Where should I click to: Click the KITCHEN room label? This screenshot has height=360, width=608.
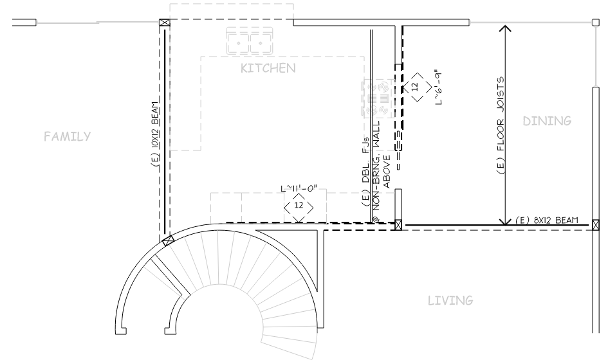tap(268, 68)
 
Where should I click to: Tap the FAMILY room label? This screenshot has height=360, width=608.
tap(67, 136)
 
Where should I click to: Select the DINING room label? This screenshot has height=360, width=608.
tap(547, 121)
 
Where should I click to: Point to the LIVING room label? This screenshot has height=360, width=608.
tap(450, 300)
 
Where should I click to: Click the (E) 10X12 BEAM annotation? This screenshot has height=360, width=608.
tap(155, 134)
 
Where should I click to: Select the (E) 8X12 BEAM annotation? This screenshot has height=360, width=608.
tap(547, 220)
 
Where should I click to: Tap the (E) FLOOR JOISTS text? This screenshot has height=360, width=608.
tap(501, 125)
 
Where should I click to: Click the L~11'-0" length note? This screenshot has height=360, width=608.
tap(299, 189)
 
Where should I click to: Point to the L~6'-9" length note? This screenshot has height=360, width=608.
tap(439, 87)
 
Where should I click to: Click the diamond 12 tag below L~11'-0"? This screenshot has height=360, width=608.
tap(299, 205)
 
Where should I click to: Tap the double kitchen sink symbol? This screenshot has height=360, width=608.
tap(250, 40)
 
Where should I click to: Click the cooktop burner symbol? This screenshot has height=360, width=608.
tap(377, 98)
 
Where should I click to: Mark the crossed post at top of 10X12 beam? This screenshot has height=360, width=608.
tap(165, 22)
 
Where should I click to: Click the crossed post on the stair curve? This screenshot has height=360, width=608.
tap(167, 241)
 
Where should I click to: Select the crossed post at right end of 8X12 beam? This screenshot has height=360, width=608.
tap(596, 225)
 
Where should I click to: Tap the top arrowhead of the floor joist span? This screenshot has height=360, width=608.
tap(505, 28)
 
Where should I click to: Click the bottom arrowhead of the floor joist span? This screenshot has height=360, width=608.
tap(505, 221)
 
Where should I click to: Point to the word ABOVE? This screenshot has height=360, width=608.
tap(387, 172)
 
